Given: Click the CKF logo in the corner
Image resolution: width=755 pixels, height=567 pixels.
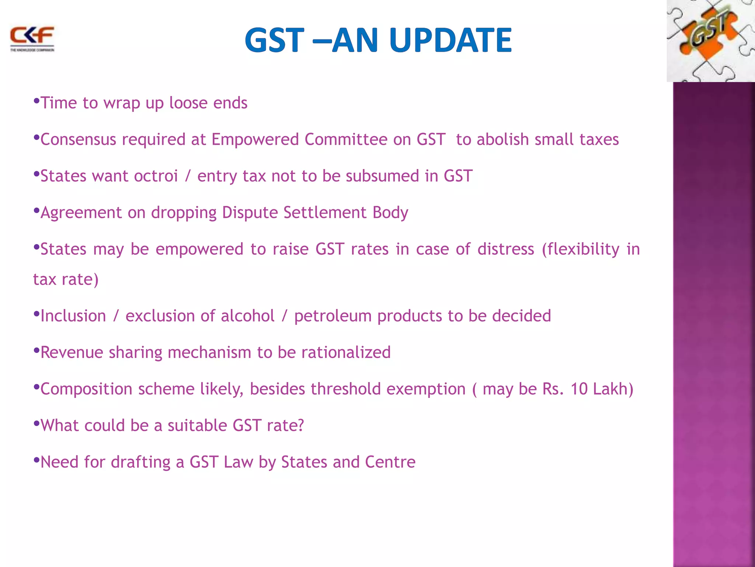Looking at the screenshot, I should [32, 38].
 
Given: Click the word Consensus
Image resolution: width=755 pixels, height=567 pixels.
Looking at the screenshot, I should [78, 140].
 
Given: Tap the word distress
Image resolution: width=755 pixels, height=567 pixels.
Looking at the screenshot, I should [506, 249].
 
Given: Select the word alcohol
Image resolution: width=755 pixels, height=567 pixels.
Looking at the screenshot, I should [248, 316].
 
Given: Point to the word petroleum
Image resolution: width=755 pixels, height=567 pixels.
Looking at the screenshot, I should [333, 316].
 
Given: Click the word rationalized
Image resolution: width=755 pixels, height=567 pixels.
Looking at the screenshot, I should [346, 353].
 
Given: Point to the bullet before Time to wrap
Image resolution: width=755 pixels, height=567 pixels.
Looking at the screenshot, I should [36, 101].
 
